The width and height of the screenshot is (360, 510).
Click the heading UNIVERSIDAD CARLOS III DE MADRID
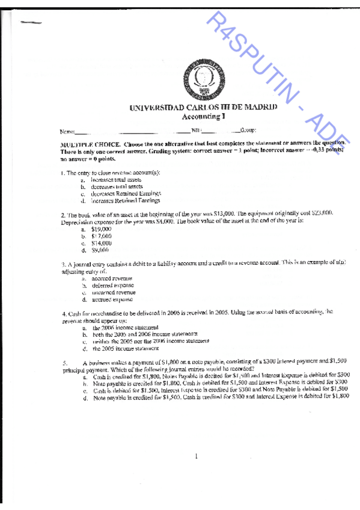[x=203, y=107]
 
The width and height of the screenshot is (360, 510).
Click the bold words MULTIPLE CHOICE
[x=89, y=145]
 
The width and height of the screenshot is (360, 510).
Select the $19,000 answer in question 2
[x=101, y=230]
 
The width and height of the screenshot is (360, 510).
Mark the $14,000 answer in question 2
[x=101, y=243]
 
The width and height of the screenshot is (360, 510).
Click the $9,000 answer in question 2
[x=100, y=250]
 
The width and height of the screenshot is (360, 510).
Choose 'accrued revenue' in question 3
[x=112, y=279]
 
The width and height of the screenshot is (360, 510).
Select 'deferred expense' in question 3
[x=113, y=286]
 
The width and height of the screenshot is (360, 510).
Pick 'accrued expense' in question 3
[x=112, y=299]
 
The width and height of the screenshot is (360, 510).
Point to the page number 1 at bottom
[x=196, y=457]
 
